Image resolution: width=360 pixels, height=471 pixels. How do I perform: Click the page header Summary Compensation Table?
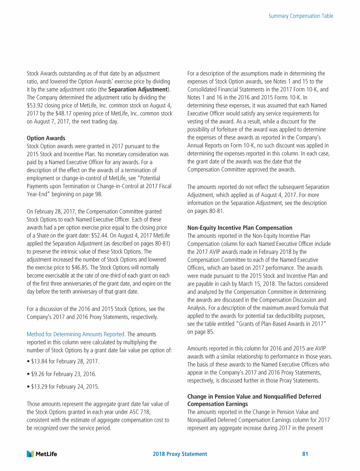pos(300,16)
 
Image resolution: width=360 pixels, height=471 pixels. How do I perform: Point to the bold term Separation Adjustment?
pos(138,90)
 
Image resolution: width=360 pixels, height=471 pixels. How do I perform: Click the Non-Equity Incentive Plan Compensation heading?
pos(240,228)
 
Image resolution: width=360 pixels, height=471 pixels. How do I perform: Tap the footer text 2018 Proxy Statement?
pos(180,454)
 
